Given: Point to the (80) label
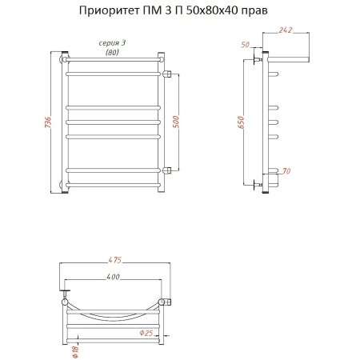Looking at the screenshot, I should [113, 53].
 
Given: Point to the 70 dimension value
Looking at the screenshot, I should [288, 171].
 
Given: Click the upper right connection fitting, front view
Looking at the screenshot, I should [167, 74].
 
